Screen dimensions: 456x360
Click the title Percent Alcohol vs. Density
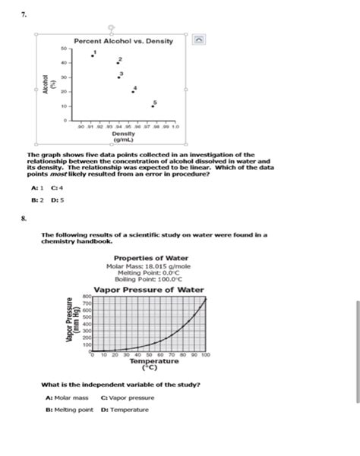coord(123,40)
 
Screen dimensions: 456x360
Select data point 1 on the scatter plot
coord(93,55)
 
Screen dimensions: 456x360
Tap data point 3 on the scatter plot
coord(118,77)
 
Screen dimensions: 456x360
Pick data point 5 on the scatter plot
coord(153,105)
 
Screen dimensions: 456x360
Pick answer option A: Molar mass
coord(66,398)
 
